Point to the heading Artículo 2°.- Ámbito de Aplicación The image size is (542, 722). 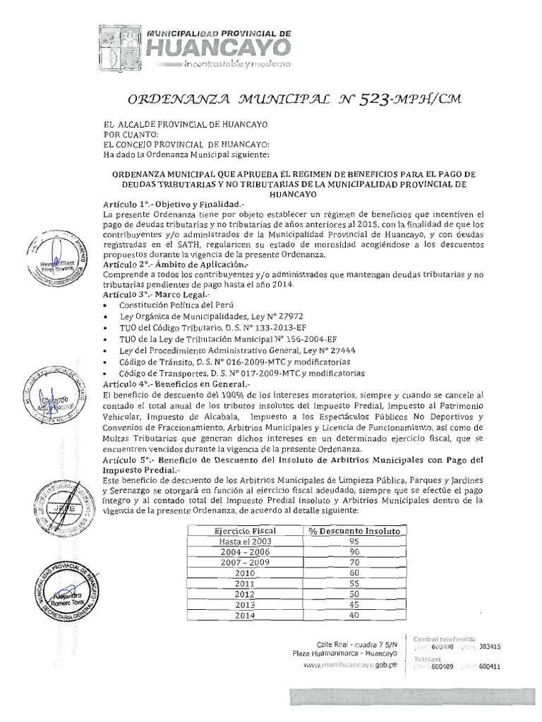point(170,262)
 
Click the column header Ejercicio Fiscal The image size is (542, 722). point(245,530)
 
